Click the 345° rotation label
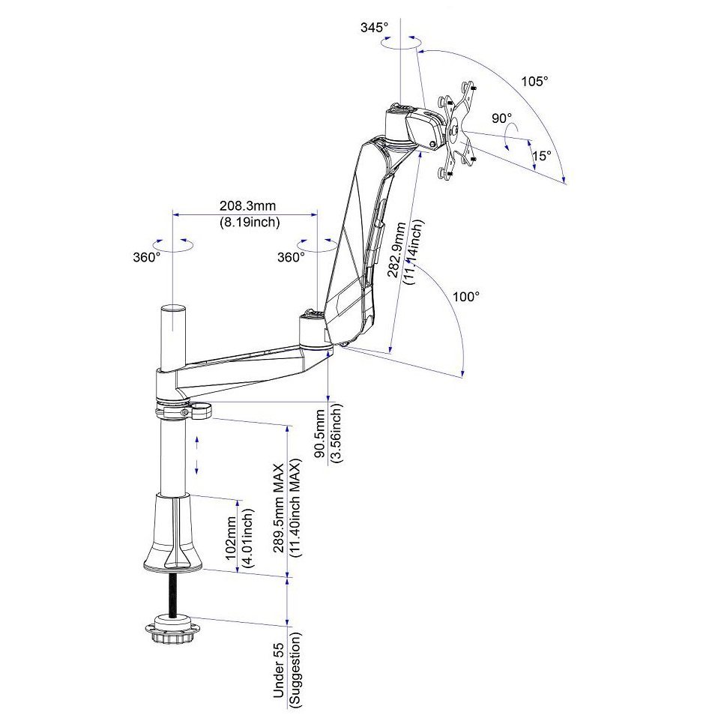(x=374, y=28)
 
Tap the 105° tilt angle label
(x=534, y=81)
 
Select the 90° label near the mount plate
(x=501, y=118)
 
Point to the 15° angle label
(x=542, y=156)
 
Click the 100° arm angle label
(x=466, y=296)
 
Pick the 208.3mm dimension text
(x=247, y=205)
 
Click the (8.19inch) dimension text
(x=250, y=222)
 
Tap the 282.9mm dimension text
(x=397, y=250)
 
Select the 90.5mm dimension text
(x=320, y=433)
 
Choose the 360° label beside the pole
(x=147, y=257)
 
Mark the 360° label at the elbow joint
(x=291, y=257)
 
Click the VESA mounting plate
(x=456, y=130)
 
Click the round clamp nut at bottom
(x=173, y=627)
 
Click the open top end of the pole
(x=173, y=308)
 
